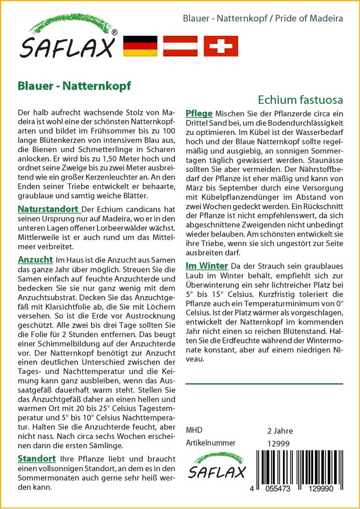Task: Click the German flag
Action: pyautogui.click(x=140, y=46)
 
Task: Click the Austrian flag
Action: pyautogui.click(x=181, y=46)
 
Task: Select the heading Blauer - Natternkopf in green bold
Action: pyautogui.click(x=74, y=85)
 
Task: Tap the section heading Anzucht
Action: pyautogui.click(x=35, y=259)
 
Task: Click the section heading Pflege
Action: pyautogui.click(x=199, y=113)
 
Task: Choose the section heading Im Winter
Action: pyautogui.click(x=206, y=265)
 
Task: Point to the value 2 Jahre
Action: pyautogui.click(x=280, y=431)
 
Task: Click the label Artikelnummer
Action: pyautogui.click(x=210, y=443)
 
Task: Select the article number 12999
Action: pyautogui.click(x=278, y=443)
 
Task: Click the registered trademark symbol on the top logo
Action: pyautogui.click(x=114, y=32)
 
